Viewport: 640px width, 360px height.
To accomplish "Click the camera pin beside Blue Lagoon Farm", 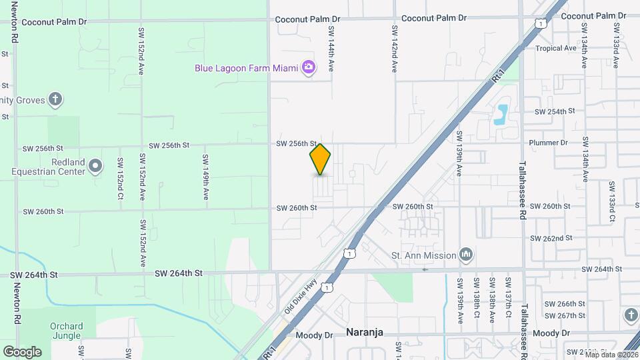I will pyautogui.click(x=308, y=67).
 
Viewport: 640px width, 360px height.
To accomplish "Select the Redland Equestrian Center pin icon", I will pyautogui.click(x=96, y=165).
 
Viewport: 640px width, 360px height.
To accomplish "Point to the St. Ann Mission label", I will pyautogui.click(x=423, y=255).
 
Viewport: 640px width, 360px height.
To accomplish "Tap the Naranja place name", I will pyautogui.click(x=365, y=333).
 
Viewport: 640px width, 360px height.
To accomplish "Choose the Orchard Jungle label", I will pyautogui.click(x=66, y=331).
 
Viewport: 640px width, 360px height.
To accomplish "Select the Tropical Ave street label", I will pyautogui.click(x=555, y=49).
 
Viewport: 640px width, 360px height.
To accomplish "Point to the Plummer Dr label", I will pyautogui.click(x=547, y=143).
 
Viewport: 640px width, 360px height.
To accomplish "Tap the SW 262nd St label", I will pyautogui.click(x=551, y=238).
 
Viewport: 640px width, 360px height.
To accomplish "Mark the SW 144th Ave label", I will pyautogui.click(x=330, y=49).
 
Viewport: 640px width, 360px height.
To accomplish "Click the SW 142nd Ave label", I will pyautogui.click(x=395, y=49).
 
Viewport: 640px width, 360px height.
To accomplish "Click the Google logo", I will pyautogui.click(x=22, y=351).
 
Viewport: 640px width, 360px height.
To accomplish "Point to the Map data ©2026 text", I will pyautogui.click(x=611, y=354).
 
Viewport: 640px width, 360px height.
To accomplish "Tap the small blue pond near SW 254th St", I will pyautogui.click(x=501, y=114).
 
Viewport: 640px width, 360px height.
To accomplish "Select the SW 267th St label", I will pyautogui.click(x=565, y=315).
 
